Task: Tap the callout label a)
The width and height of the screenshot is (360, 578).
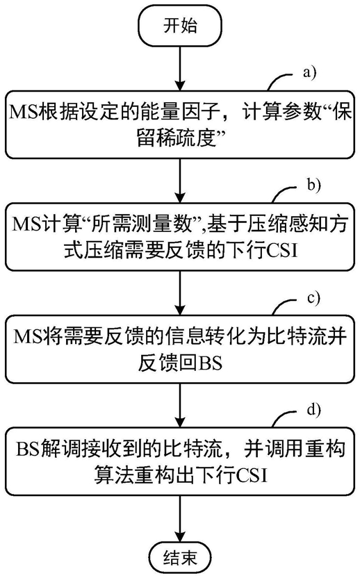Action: (x=310, y=72)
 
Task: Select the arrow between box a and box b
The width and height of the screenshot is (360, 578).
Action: (x=180, y=181)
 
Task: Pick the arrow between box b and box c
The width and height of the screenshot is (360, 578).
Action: (x=180, y=293)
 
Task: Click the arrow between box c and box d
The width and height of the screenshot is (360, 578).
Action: (x=180, y=406)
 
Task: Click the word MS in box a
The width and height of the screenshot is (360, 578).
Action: (x=24, y=112)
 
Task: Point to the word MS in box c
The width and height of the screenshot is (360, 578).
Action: (x=28, y=336)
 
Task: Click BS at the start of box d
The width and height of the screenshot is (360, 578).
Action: (x=28, y=449)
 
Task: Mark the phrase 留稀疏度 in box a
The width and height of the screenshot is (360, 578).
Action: (x=176, y=140)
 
